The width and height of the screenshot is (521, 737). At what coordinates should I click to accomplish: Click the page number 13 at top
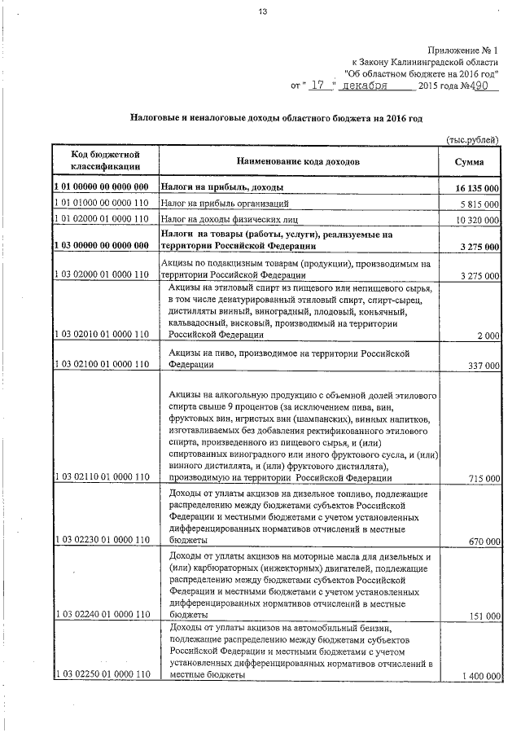coord(263,11)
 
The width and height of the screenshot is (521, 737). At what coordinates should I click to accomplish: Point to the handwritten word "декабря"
coord(366,84)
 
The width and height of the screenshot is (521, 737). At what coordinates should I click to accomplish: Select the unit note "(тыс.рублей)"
coord(472,140)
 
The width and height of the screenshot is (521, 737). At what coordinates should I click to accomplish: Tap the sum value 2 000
coord(488,336)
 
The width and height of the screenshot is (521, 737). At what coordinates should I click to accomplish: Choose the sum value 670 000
coord(483,541)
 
